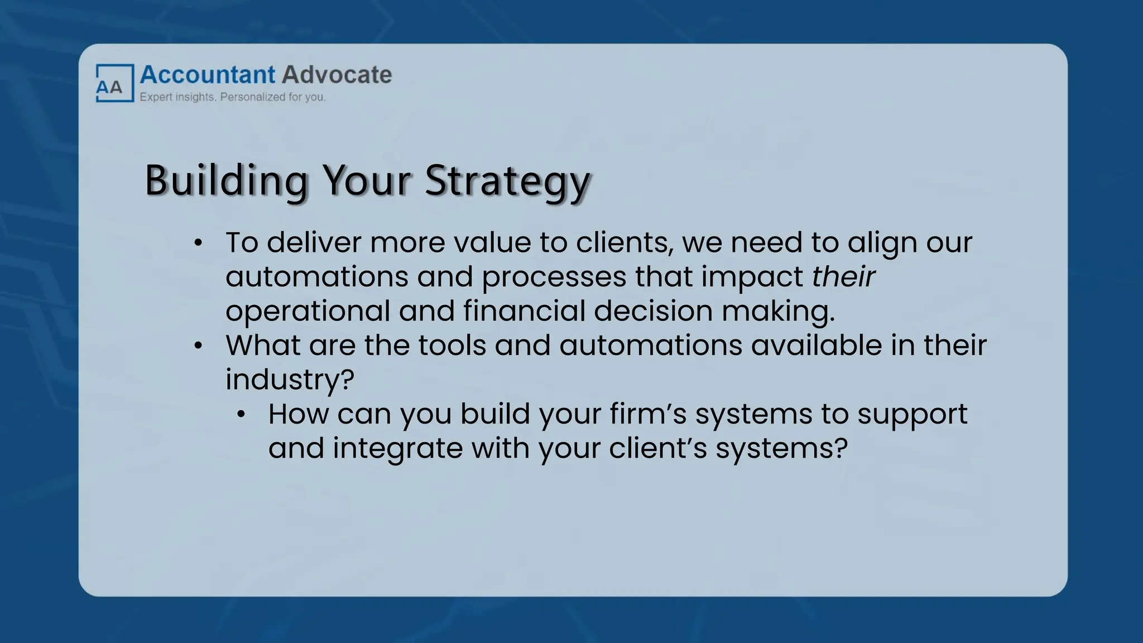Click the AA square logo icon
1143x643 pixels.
pos(114,83)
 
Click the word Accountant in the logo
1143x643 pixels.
pos(208,75)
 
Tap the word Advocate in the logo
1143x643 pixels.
pos(337,75)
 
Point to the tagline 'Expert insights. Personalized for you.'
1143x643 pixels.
pos(232,97)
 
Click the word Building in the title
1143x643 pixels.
pos(226,180)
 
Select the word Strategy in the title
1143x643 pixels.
pos(507,181)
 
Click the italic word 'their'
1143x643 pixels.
pos(843,277)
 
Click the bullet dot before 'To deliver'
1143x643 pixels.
pos(198,243)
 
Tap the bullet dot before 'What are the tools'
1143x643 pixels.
pos(198,346)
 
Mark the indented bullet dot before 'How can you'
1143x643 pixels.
pos(241,415)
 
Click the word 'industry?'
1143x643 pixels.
pos(290,380)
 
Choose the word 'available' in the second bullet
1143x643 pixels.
pos(816,346)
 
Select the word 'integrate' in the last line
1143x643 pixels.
pos(397,448)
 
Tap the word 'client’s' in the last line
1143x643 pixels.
pos(657,448)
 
